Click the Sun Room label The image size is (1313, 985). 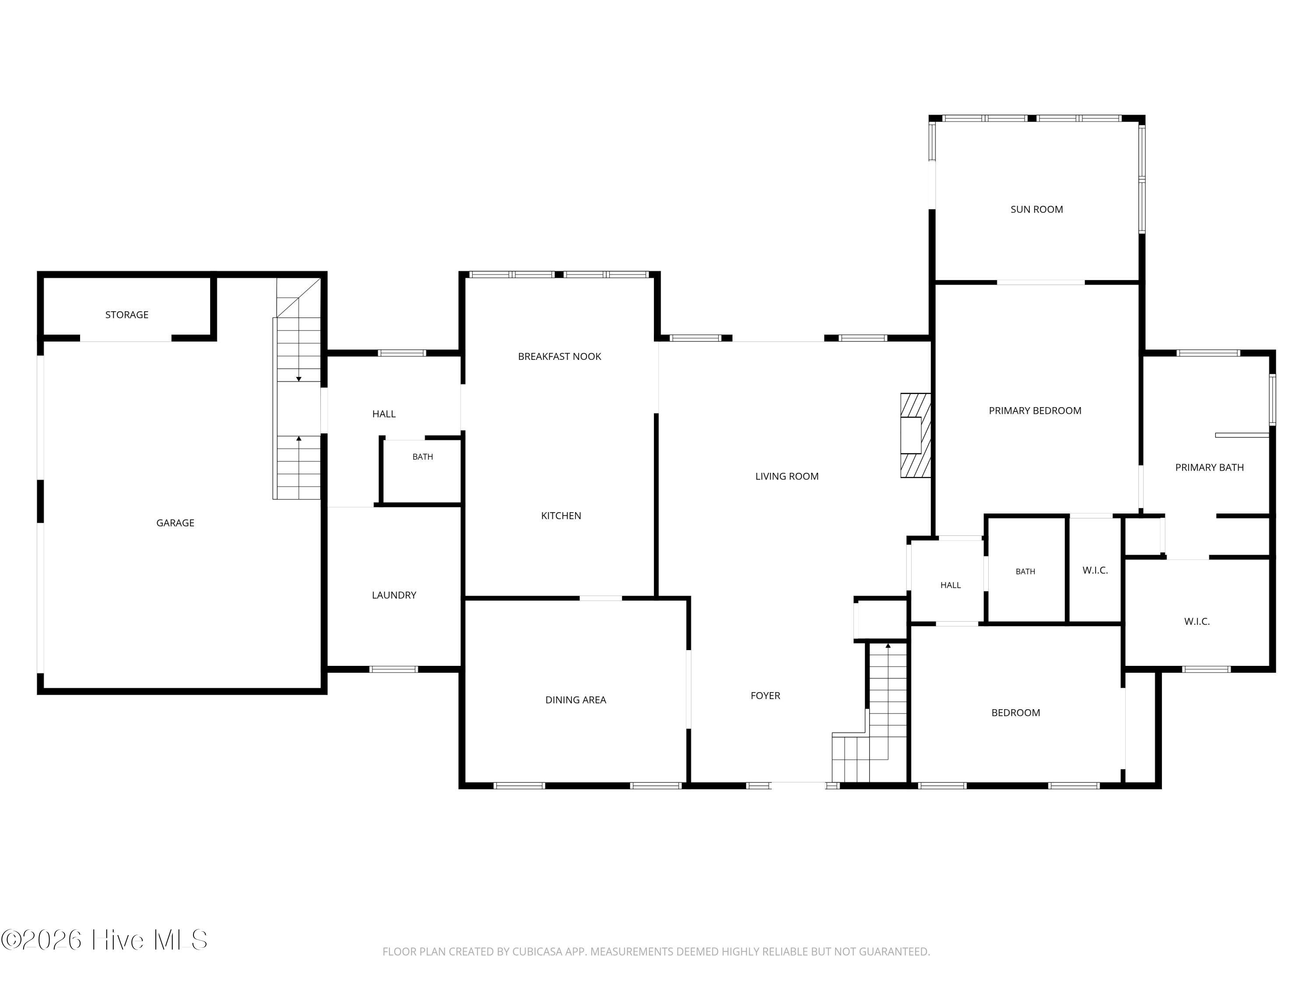click(1036, 209)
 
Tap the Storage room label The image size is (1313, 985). click(126, 315)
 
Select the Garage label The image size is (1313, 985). click(175, 522)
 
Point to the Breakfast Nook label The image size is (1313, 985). click(559, 356)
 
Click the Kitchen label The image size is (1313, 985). click(561, 515)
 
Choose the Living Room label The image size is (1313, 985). click(786, 476)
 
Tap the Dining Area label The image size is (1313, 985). click(575, 700)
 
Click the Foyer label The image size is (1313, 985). click(765, 695)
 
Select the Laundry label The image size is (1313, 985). click(393, 595)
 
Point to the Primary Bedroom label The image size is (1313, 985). click(1035, 410)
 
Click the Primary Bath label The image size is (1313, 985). click(1209, 467)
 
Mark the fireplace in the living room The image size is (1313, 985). click(915, 435)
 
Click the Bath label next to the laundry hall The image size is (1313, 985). click(423, 457)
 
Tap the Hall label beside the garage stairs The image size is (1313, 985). click(383, 414)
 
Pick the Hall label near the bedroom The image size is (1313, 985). click(950, 585)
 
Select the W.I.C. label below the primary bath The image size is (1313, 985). click(1196, 621)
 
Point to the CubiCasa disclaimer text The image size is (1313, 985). click(656, 951)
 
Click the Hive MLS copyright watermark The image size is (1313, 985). click(105, 939)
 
